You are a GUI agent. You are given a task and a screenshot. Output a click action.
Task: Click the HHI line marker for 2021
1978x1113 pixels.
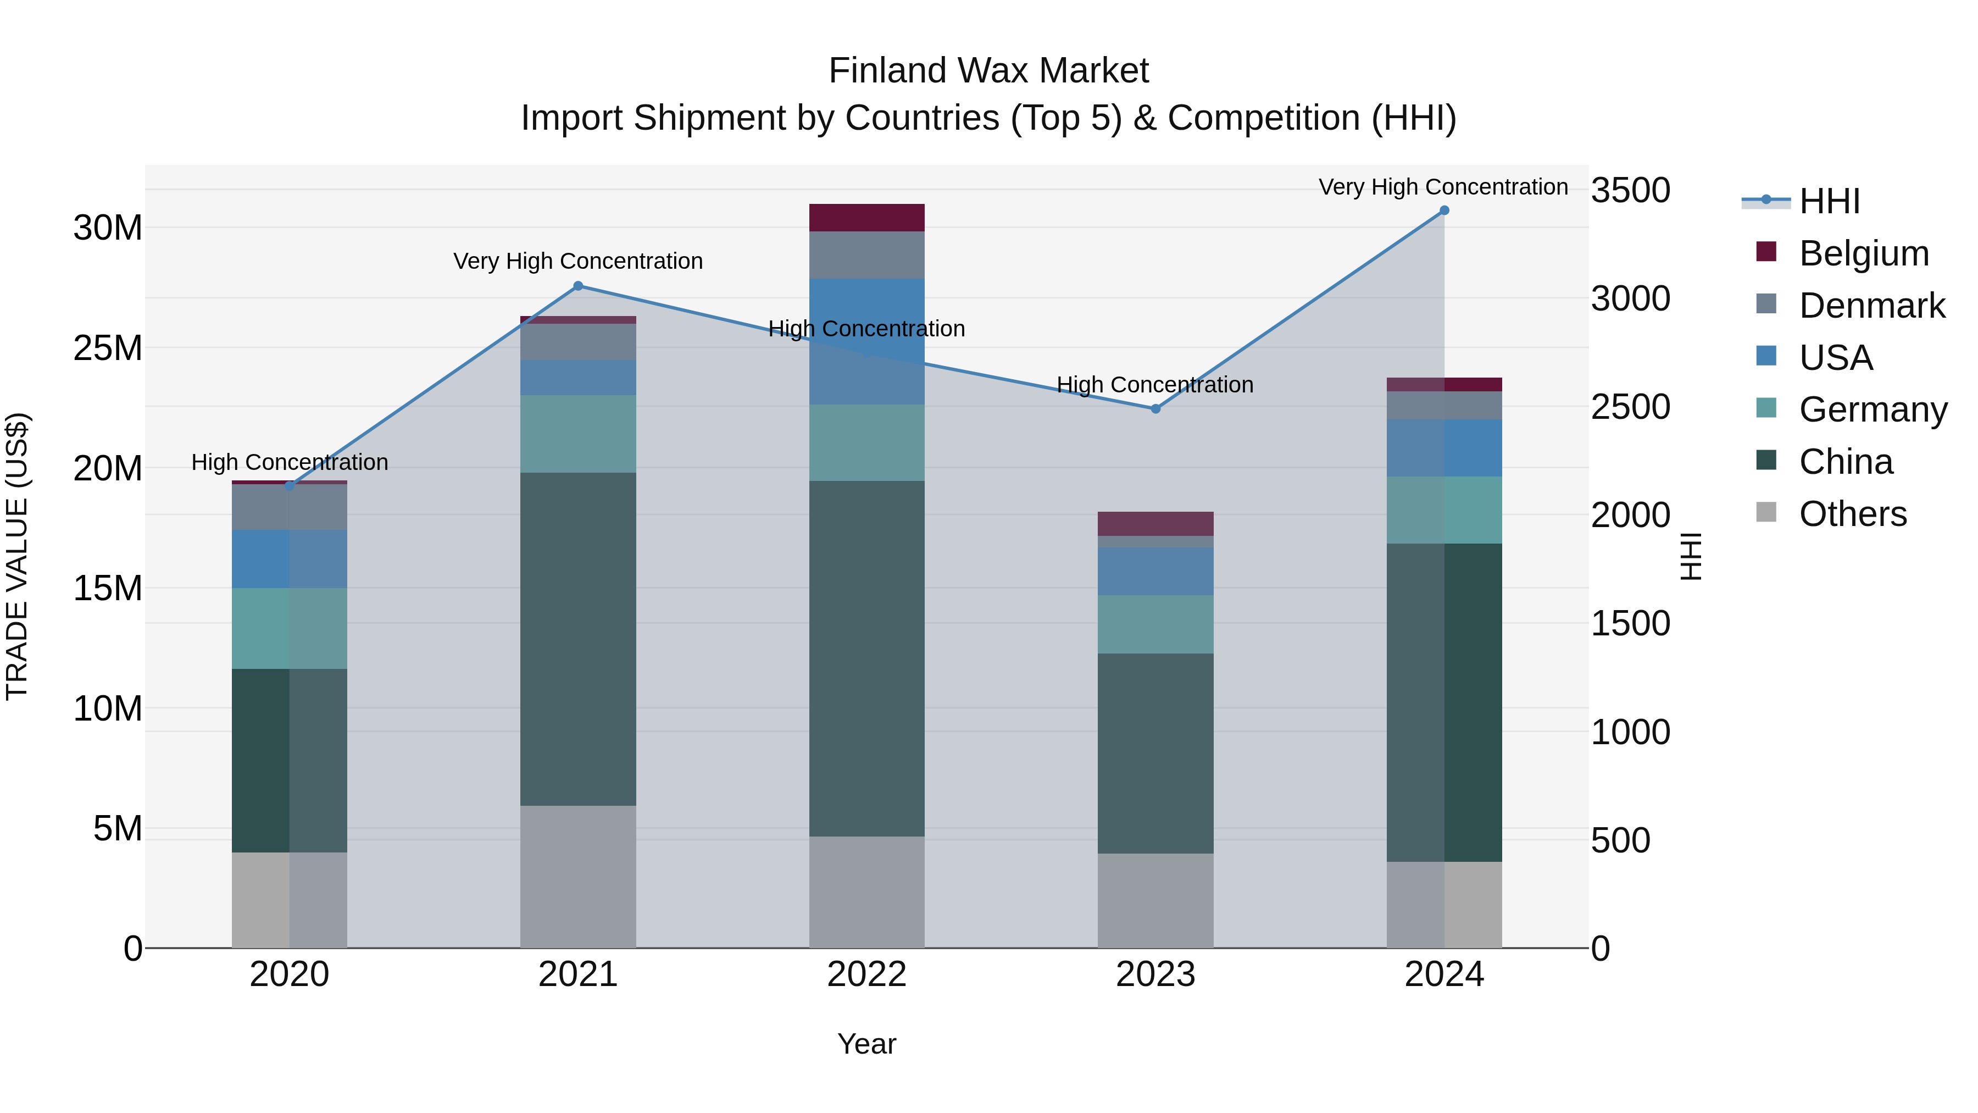578,286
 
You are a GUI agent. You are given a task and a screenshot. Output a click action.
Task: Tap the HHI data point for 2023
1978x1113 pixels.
1155,408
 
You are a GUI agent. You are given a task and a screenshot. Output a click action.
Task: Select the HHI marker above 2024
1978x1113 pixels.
1444,211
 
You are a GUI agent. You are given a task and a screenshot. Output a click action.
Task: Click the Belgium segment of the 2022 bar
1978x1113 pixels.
867,217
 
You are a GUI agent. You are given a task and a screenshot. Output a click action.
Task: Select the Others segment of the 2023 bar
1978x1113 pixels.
1155,900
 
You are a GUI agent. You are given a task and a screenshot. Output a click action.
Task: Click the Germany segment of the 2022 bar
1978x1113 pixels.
867,442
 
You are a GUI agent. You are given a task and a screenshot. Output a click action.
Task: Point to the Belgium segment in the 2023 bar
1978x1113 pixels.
1155,523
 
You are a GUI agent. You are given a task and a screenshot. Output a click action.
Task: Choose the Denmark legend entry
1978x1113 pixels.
1871,306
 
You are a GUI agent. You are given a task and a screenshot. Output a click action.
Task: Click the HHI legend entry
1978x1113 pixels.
1829,201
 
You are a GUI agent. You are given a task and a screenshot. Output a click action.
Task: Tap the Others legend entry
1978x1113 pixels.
1852,514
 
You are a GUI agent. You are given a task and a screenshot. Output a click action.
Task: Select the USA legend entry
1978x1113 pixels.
1835,358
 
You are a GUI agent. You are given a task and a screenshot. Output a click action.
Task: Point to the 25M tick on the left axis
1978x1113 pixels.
108,348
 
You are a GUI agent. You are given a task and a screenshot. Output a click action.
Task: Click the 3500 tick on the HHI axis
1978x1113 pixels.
1630,191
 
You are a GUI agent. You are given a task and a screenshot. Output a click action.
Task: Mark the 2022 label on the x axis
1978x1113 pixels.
867,974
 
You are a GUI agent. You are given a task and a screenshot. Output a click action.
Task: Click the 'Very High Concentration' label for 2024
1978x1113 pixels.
1443,187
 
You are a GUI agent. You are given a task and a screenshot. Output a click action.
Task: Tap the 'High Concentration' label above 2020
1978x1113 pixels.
290,462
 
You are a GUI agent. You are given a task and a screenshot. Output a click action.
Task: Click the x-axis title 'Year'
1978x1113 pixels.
867,1044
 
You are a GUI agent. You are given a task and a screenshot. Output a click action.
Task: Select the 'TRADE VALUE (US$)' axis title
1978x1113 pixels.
17,556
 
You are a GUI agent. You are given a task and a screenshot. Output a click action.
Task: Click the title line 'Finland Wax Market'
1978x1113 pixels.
988,71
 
